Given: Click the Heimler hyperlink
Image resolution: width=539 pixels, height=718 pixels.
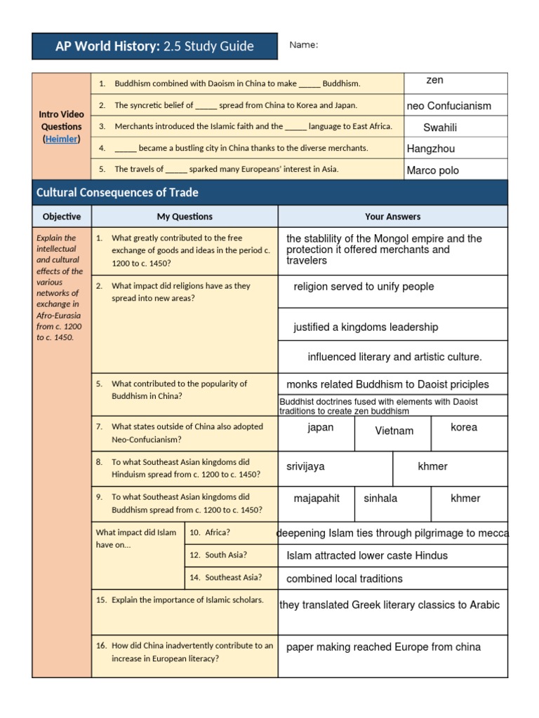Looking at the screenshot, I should [x=61, y=139].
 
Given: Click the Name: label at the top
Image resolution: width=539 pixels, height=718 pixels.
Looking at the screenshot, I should [x=304, y=46].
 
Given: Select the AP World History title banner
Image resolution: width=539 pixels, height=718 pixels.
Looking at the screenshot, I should [x=154, y=46].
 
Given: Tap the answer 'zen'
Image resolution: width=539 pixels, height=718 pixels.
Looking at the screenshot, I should [x=435, y=81].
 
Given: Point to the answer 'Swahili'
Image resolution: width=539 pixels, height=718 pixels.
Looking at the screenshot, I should [x=440, y=128].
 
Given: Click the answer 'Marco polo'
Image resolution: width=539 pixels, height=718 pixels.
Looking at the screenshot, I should [x=433, y=170].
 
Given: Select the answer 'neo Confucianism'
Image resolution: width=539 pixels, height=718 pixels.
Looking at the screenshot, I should [x=449, y=106].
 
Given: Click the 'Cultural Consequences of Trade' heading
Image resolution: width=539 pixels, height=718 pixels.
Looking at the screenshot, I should [x=117, y=192].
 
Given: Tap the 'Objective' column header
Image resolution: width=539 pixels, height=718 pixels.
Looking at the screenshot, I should [x=62, y=217].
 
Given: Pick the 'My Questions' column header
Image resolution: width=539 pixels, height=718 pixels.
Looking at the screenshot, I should [x=185, y=217].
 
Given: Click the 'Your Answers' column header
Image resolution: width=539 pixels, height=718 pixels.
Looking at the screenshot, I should [x=392, y=217].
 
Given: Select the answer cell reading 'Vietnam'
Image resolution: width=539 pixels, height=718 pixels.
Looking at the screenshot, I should [x=394, y=431].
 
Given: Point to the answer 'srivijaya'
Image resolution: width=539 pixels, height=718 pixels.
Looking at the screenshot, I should [x=305, y=466].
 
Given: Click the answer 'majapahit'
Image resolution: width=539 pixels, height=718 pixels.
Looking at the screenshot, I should [x=317, y=499].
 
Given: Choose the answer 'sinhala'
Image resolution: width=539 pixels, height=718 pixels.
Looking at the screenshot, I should [x=380, y=499].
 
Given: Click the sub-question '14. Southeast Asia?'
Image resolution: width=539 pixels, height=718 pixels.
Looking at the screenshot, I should [x=226, y=578].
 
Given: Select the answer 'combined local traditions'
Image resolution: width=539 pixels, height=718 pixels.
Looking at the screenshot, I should [x=345, y=578].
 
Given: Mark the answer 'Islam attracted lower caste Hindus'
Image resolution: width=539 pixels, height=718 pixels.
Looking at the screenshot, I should [x=367, y=555].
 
